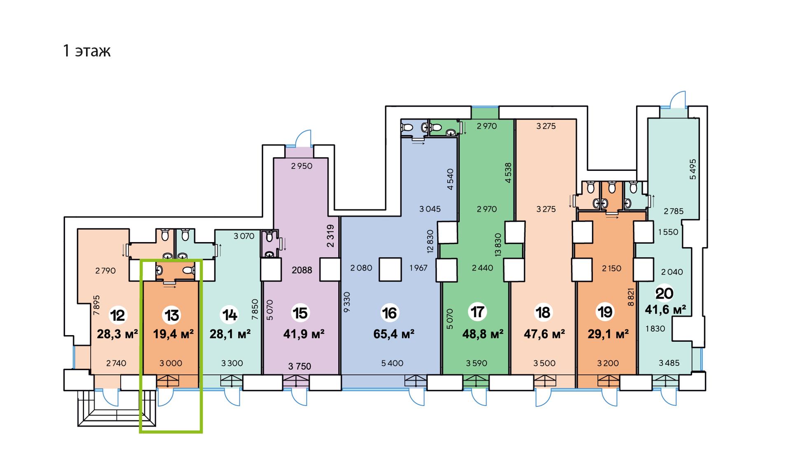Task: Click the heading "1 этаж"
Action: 87,51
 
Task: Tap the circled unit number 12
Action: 117,315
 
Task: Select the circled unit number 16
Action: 389,313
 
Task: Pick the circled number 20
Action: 665,293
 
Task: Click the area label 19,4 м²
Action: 173,334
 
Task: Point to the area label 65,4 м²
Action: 393,334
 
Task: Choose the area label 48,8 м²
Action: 483,334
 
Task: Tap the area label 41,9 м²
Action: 304,334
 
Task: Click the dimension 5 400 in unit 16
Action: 392,363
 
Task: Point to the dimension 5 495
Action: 693,169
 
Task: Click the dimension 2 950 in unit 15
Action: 302,166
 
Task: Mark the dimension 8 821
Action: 631,297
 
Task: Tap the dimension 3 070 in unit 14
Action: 244,236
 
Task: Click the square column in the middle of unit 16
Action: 390,269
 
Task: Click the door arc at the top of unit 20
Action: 678,99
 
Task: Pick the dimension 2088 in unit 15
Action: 302,270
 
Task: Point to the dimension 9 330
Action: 346,302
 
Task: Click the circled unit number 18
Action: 543,312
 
